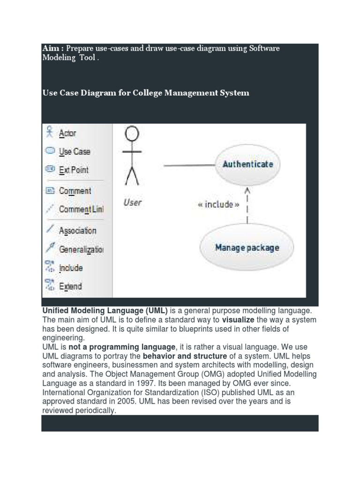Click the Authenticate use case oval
click(247, 164)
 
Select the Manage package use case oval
click(247, 247)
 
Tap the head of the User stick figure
click(132, 135)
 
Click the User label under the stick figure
click(132, 202)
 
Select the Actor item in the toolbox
click(67, 134)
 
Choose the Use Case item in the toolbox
click(74, 151)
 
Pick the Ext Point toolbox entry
click(73, 170)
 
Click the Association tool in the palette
click(77, 231)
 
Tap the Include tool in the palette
click(70, 268)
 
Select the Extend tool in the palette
click(70, 286)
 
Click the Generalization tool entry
click(81, 249)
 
